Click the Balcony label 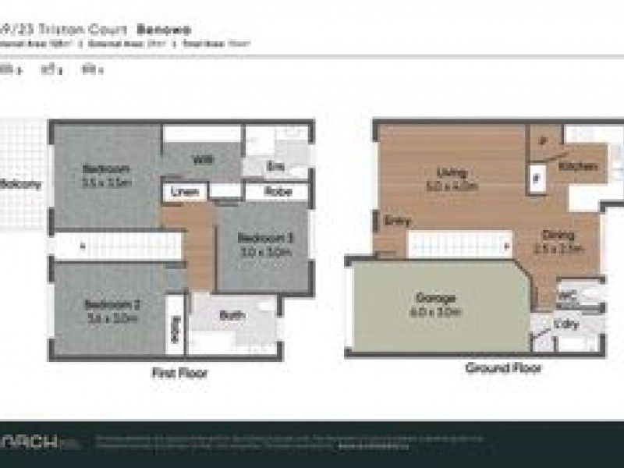point(20,185)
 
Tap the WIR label point(202,160)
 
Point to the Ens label point(275,165)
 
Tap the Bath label point(232,316)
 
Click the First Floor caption point(179,374)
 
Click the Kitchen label point(578,166)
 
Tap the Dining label point(561,235)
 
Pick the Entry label point(396,221)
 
